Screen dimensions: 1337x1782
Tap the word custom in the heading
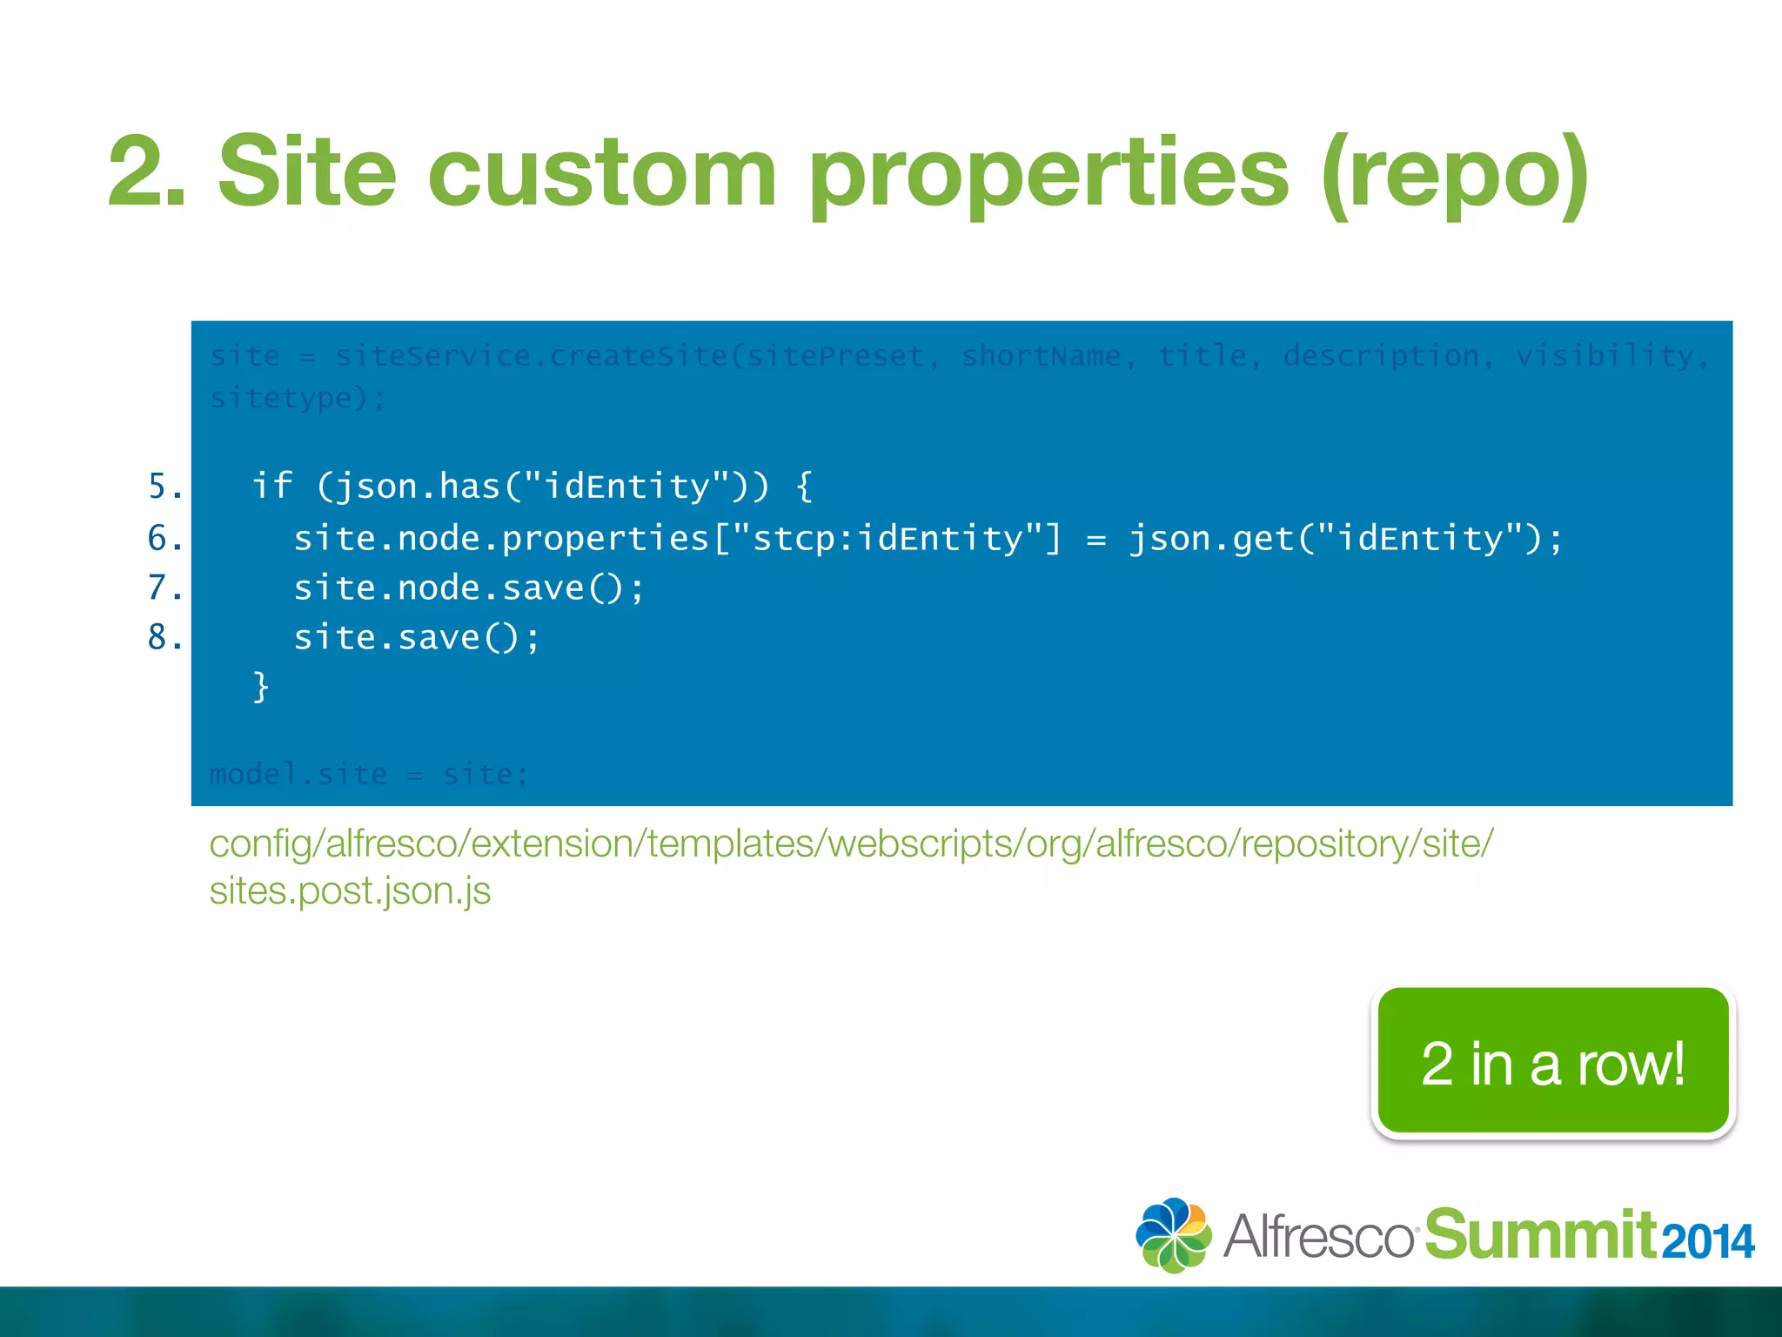pos(601,171)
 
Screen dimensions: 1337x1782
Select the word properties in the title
pos(1048,171)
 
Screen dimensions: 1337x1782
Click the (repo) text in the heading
pos(1455,171)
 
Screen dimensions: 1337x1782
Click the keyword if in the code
pos(271,486)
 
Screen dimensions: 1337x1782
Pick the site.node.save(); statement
pos(469,588)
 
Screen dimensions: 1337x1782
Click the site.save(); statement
pos(417,638)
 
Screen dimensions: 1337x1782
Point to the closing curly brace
pos(260,687)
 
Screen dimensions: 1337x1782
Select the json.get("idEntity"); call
pos(1345,539)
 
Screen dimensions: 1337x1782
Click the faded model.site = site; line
pos(369,774)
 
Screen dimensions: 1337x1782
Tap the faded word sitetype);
pos(298,399)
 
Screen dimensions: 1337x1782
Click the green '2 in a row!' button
pos(1553,1062)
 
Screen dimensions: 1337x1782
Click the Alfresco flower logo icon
pos(1173,1235)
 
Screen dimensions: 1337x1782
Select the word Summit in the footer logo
pos(1540,1235)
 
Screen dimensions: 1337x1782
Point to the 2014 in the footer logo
pos(1707,1241)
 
